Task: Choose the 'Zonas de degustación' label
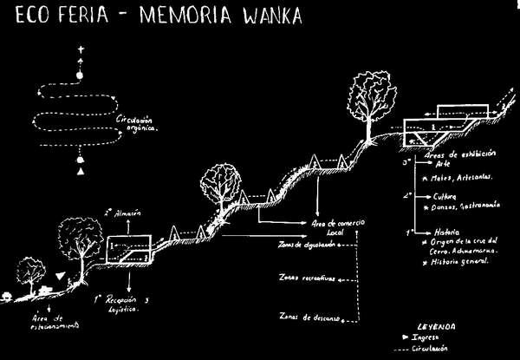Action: pos(302,245)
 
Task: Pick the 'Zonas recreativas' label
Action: pos(307,278)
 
